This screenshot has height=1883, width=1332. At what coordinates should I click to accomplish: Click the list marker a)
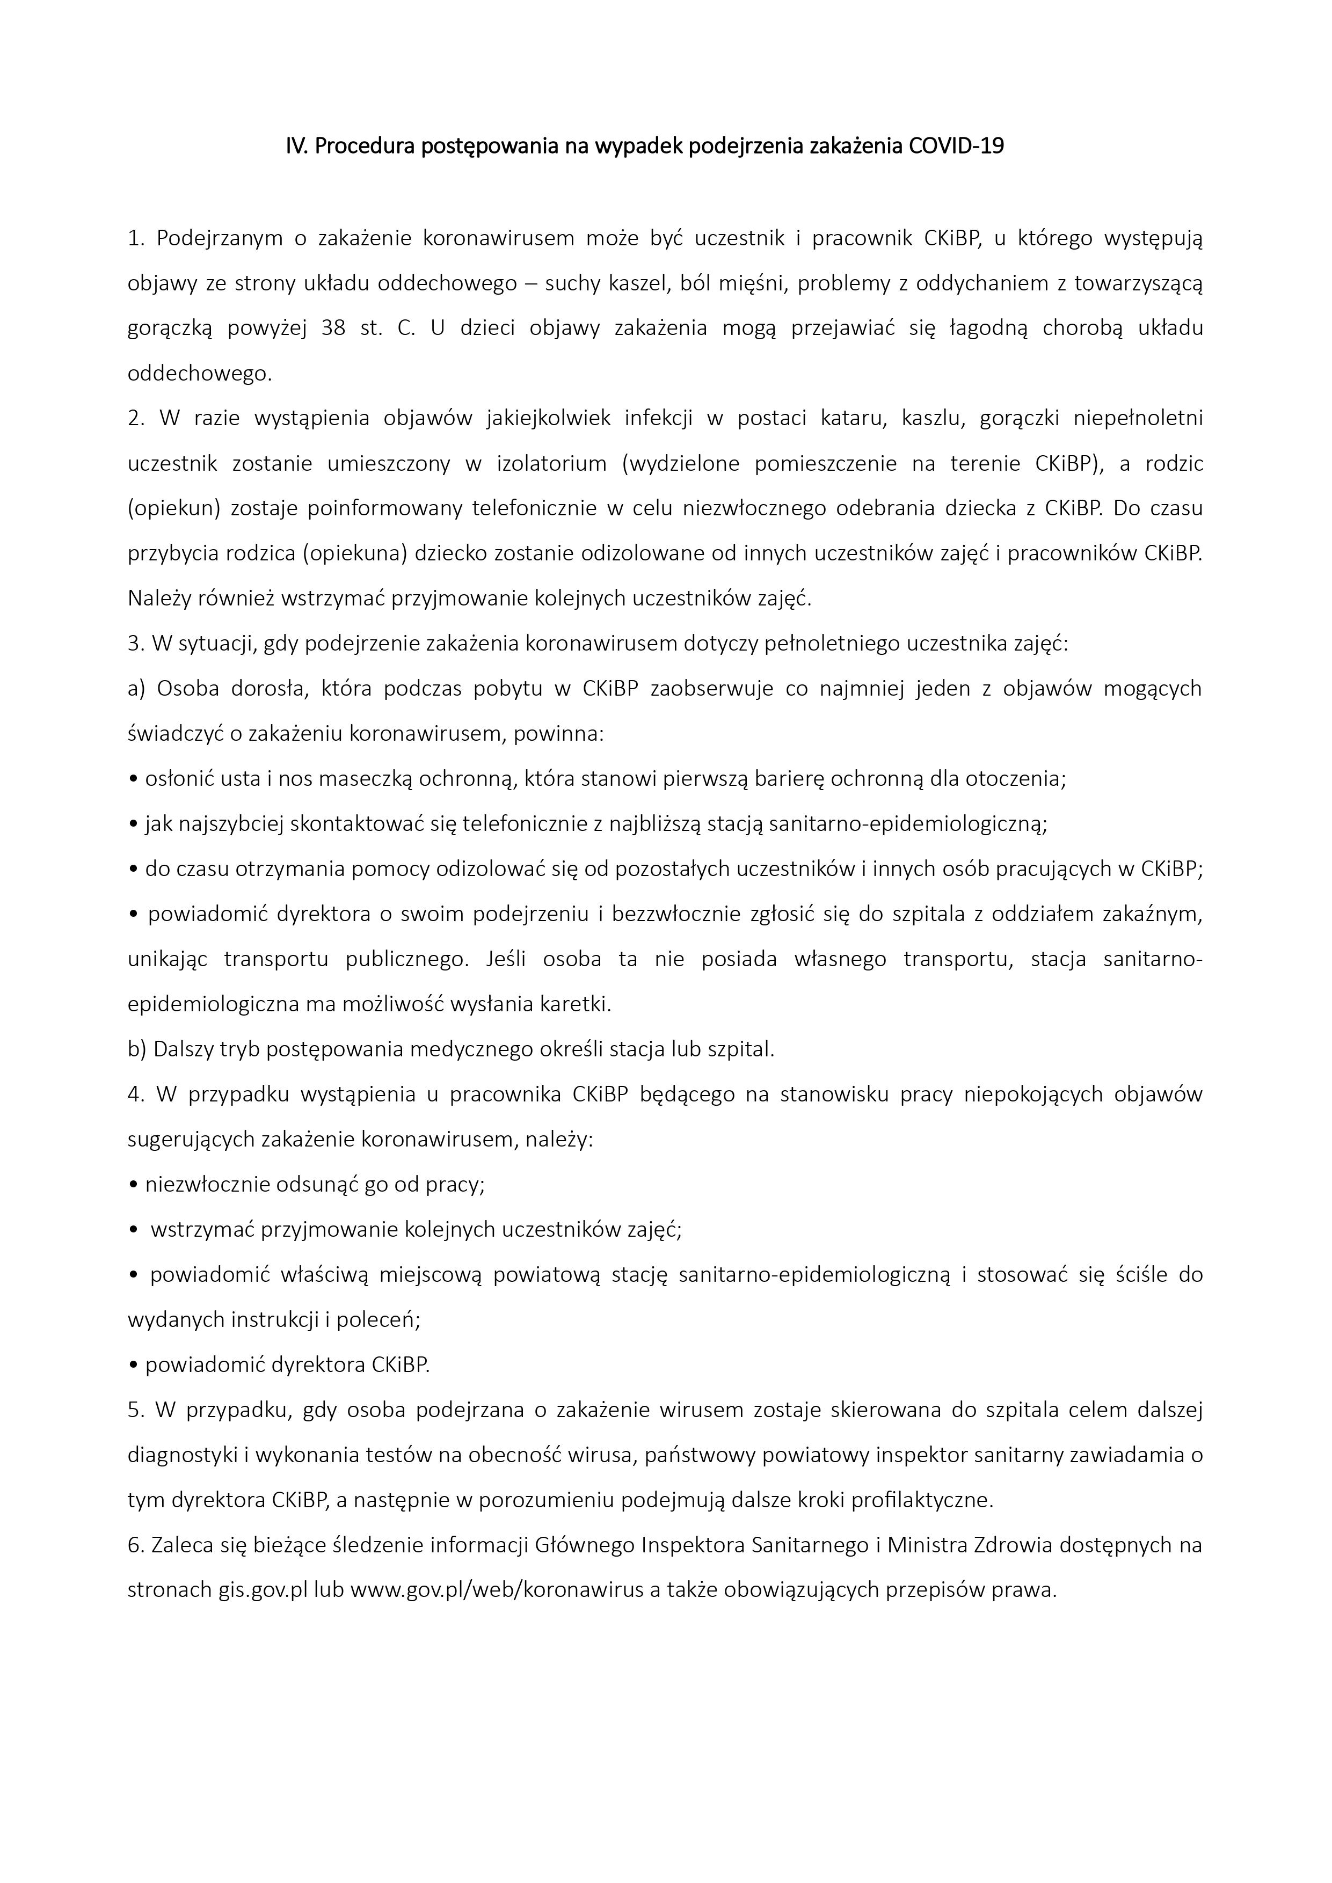click(136, 688)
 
